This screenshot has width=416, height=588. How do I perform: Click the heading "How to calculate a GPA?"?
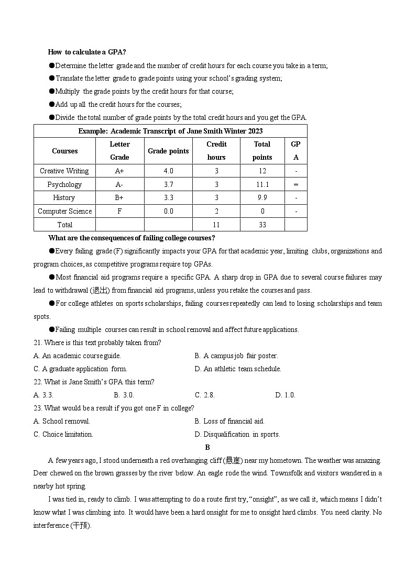(86, 52)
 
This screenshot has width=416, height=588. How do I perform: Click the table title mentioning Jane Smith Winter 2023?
(170, 131)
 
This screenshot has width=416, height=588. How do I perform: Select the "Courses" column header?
(64, 151)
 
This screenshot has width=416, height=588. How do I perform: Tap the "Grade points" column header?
(168, 151)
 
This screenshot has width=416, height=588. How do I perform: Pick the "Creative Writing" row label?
(64, 171)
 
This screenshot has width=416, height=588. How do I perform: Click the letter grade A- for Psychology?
(119, 184)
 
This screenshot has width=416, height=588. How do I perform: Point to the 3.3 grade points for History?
(168, 197)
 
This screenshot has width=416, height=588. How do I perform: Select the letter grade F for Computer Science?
(119, 211)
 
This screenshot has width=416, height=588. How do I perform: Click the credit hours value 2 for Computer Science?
(216, 211)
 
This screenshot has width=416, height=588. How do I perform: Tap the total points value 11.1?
(262, 184)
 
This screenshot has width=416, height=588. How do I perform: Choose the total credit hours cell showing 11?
(216, 225)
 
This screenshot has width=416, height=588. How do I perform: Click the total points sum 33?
(262, 225)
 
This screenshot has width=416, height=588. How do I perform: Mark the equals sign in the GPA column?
(296, 184)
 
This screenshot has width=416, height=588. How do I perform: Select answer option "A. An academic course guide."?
(77, 356)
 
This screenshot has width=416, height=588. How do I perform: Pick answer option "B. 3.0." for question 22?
(124, 395)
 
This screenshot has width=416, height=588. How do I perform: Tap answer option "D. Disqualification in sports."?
(237, 435)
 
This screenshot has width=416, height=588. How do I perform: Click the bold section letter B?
(207, 447)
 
